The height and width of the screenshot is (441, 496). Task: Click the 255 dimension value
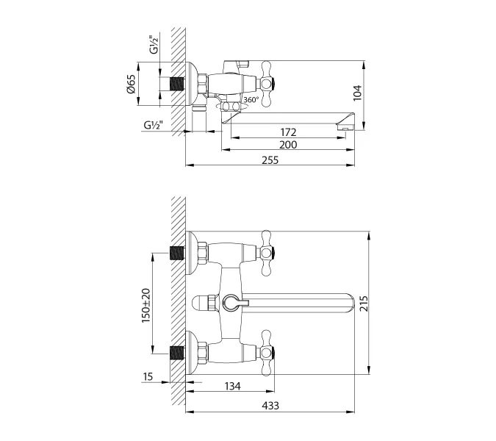click(270, 161)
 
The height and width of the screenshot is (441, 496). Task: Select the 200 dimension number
click(288, 146)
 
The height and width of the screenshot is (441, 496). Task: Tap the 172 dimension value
click(288, 132)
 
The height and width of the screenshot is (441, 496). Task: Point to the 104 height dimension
click(358, 93)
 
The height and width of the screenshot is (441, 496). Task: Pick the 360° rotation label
click(251, 99)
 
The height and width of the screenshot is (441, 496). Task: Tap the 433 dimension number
click(270, 405)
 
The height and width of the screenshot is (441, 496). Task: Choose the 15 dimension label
click(148, 377)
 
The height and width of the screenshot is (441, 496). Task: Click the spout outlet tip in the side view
click(345, 125)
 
